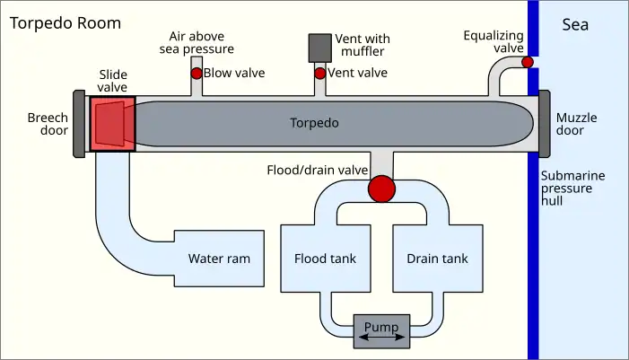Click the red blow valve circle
pyautogui.click(x=196, y=73)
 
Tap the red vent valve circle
pyautogui.click(x=319, y=73)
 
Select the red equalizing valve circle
pyautogui.click(x=528, y=62)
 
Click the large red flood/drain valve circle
pyautogui.click(x=381, y=189)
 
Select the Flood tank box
pyautogui.click(x=325, y=259)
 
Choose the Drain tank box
pyautogui.click(x=437, y=259)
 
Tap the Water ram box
pyautogui.click(x=219, y=259)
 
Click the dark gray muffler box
pyautogui.click(x=319, y=48)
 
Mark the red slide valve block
pyautogui.click(x=112, y=123)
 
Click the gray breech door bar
pyautogui.click(x=79, y=123)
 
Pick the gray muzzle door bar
pyautogui.click(x=544, y=123)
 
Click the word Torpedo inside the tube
pyautogui.click(x=315, y=123)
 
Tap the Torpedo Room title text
pyautogui.click(x=65, y=22)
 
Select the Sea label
pyautogui.click(x=575, y=24)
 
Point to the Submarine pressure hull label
pyautogui.click(x=572, y=189)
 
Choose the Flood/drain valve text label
pyautogui.click(x=318, y=170)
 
